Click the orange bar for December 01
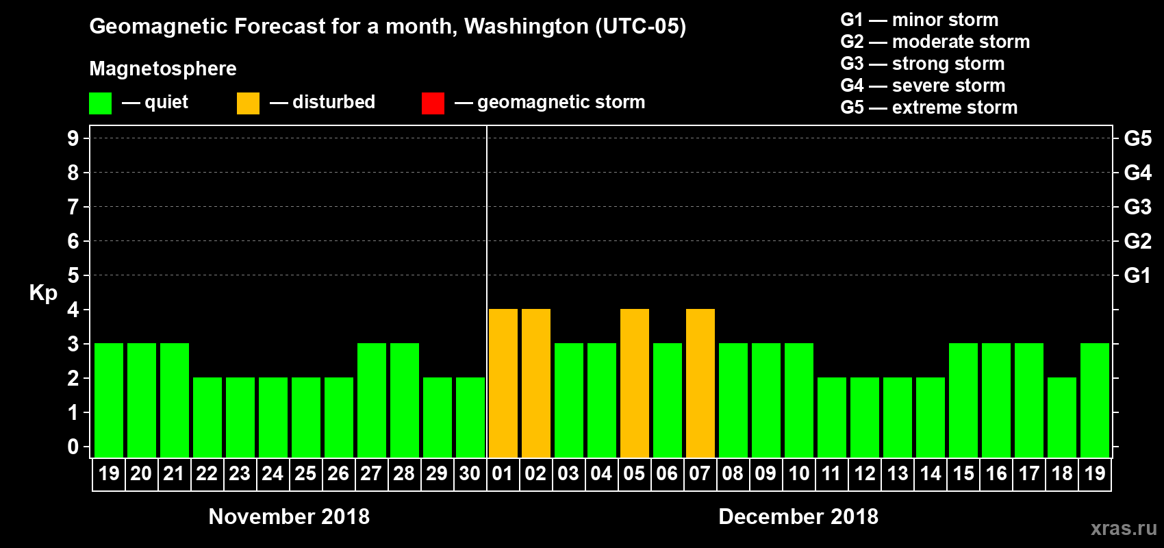[503, 383]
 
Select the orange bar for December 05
[634, 383]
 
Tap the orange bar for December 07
[700, 383]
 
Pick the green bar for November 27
[371, 400]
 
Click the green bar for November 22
[207, 417]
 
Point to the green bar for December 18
[1061, 417]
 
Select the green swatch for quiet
[100, 103]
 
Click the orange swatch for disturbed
[248, 103]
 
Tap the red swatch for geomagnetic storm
[433, 103]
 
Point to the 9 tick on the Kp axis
[73, 138]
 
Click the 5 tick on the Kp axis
[73, 275]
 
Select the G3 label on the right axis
[1137, 207]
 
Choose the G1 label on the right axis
[1137, 275]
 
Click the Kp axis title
[43, 292]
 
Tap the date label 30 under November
[470, 473]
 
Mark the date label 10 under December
[798, 473]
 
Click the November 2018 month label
[289, 516]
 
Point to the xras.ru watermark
[1123, 528]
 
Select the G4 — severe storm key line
[922, 86]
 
